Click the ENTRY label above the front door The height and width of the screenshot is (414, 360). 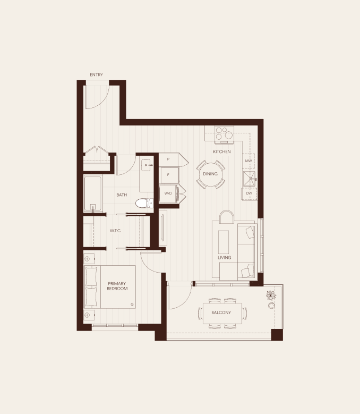tap(96, 75)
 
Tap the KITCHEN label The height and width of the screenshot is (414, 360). tap(222, 151)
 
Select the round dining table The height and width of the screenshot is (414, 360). tap(211, 174)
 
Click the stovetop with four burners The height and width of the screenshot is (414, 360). tap(224, 133)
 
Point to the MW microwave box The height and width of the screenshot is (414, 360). tap(248, 161)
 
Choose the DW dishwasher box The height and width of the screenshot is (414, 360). tap(249, 193)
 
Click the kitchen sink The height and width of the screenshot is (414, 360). tap(250, 179)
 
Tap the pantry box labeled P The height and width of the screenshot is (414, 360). tap(168, 159)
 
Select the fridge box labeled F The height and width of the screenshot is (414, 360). tap(169, 175)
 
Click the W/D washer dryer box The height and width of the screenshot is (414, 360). tap(168, 193)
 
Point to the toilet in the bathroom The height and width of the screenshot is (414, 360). tap(144, 203)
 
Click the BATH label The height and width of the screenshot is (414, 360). tap(122, 195)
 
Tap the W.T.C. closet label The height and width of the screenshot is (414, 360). tap(116, 231)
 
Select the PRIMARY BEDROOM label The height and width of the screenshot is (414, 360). tap(117, 286)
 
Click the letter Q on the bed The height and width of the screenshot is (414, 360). tap(132, 305)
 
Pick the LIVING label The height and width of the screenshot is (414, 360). tap(225, 257)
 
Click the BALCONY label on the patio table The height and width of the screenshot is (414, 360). tap(221, 312)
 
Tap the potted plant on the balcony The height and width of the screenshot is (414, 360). tap(271, 295)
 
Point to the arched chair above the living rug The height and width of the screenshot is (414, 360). tap(227, 217)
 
